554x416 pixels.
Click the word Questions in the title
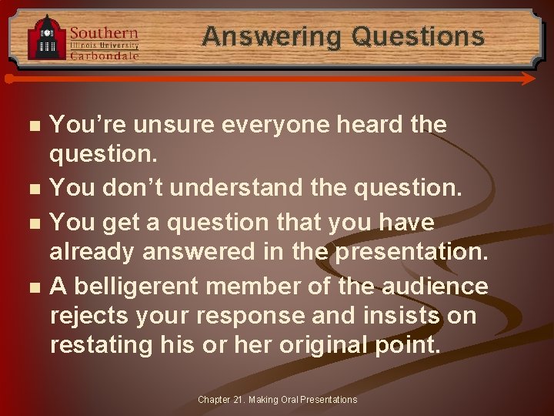(418, 36)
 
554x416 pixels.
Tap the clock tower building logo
(47, 38)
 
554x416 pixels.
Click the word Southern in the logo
(105, 33)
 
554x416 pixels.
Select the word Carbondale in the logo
(105, 55)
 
